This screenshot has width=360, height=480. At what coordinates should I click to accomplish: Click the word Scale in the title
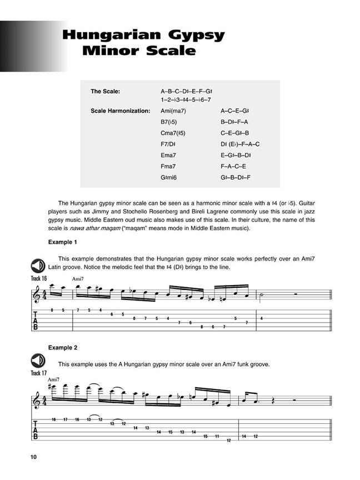click(x=170, y=51)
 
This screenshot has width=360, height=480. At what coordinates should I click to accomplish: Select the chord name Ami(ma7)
click(x=173, y=111)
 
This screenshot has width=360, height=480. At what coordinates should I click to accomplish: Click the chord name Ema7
click(x=168, y=156)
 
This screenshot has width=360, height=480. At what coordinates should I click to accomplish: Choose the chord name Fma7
click(x=168, y=166)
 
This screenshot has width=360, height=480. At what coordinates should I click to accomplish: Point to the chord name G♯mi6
click(x=170, y=177)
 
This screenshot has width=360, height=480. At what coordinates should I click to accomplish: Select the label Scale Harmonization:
click(x=120, y=111)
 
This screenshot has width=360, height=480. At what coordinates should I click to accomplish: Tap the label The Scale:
click(x=105, y=91)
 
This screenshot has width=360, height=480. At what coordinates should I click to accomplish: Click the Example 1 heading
click(x=63, y=242)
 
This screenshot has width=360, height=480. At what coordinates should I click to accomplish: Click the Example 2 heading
click(x=63, y=348)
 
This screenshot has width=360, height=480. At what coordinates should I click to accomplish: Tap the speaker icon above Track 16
click(x=39, y=266)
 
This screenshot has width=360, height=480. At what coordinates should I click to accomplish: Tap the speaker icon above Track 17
click(x=39, y=361)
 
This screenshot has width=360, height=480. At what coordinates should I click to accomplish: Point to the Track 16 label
click(x=39, y=278)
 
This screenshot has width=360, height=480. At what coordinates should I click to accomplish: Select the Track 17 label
click(x=39, y=373)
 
